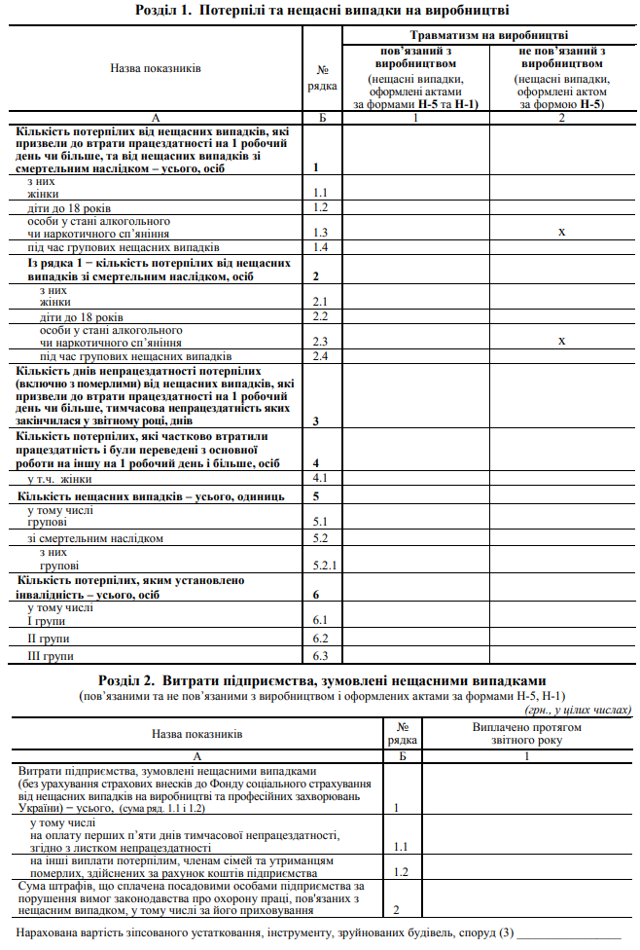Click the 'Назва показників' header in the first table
(x=157, y=70)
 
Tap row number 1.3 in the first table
(x=321, y=234)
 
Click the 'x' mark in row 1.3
(x=561, y=233)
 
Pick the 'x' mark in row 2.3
(x=561, y=341)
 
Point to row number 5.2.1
(x=323, y=565)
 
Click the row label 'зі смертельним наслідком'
(x=95, y=538)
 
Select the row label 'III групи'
(x=50, y=656)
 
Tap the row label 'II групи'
(x=48, y=639)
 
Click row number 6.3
(x=321, y=656)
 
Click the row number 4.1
(x=321, y=479)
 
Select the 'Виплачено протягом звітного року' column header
(x=526, y=733)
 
